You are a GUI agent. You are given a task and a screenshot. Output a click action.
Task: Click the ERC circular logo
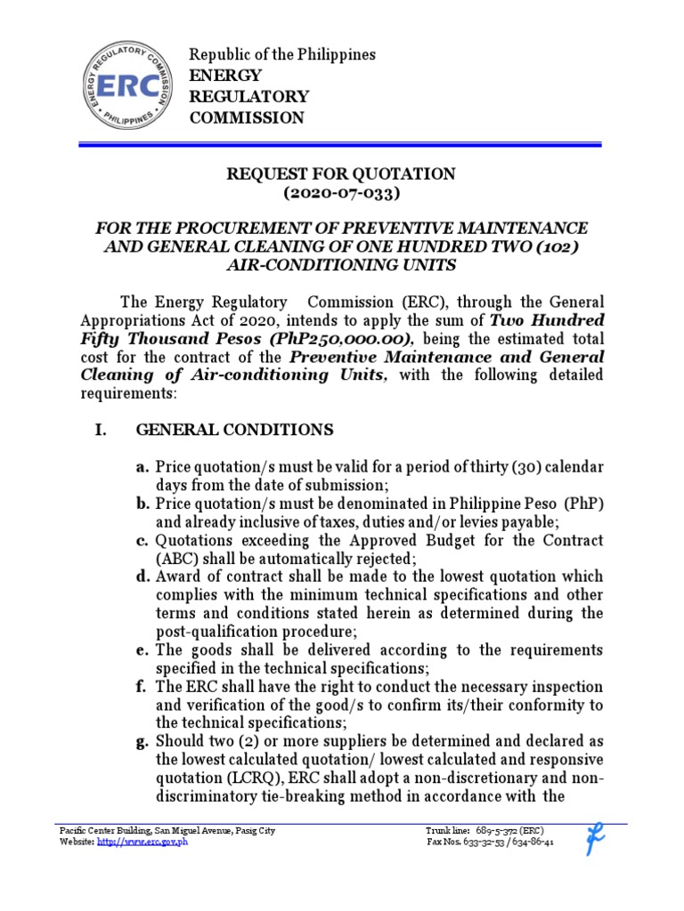(x=124, y=85)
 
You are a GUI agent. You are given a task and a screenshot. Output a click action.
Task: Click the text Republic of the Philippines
(x=282, y=55)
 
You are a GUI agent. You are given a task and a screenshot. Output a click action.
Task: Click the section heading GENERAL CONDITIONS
(x=234, y=430)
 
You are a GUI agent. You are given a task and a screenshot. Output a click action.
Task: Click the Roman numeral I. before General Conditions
(x=100, y=430)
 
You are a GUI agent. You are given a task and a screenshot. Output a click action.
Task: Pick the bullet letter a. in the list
(x=142, y=467)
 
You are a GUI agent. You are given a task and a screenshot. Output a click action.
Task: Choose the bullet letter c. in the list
(x=142, y=540)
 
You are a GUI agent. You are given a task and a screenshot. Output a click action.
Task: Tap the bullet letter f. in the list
(x=142, y=687)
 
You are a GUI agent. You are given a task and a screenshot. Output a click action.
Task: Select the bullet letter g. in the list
(x=142, y=741)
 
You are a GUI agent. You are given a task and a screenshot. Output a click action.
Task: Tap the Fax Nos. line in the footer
(x=491, y=842)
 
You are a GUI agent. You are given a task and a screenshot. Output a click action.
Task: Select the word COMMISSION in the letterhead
(x=247, y=118)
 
